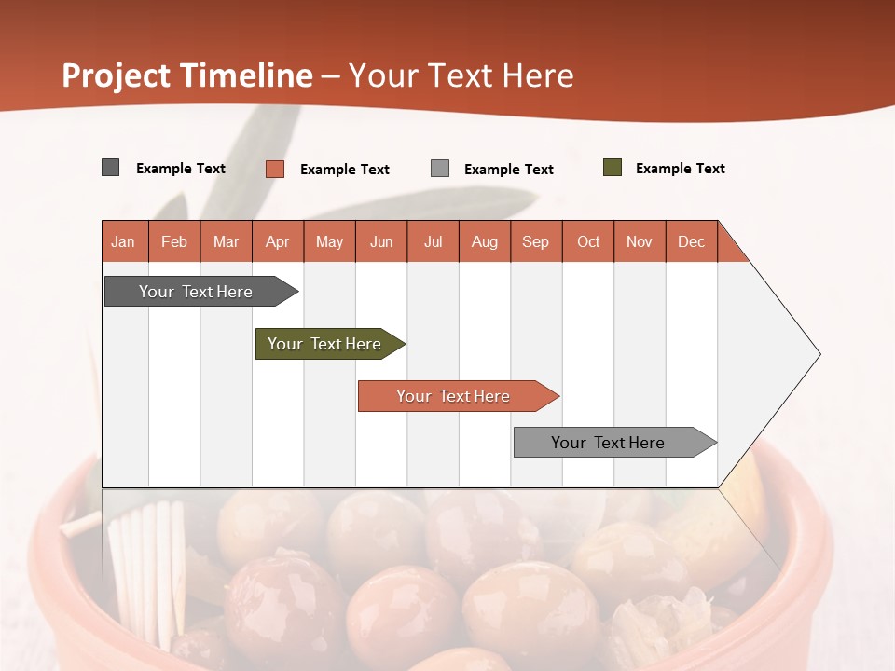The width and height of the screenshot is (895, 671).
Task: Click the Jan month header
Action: pos(124,241)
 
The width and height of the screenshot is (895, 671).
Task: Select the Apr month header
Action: pos(278,241)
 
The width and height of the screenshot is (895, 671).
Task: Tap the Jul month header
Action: pos(434,241)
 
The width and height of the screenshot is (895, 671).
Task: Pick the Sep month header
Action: pos(536,241)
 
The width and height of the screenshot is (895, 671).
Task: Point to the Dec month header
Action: pos(692,241)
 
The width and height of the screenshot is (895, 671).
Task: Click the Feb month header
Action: pos(174,241)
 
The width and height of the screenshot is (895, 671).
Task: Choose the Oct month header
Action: pos(588,241)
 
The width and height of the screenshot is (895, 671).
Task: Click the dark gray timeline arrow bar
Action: pos(196,292)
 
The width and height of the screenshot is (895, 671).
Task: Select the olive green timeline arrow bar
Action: pos(324,344)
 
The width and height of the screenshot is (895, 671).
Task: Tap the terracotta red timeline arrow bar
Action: pos(453,396)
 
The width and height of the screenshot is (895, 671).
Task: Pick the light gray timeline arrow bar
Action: pos(608,443)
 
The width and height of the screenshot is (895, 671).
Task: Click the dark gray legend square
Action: pos(111,168)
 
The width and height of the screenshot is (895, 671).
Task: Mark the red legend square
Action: pos(275,169)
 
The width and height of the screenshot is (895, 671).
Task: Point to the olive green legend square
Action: pos(613,168)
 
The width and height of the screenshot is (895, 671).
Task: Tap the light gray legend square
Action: pos(440,169)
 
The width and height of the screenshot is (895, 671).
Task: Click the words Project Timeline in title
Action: pos(187,75)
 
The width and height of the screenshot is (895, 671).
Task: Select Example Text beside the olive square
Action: pos(680,169)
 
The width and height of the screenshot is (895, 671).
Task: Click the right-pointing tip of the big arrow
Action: pos(815,354)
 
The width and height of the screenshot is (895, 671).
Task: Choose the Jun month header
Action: pos(381,241)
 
